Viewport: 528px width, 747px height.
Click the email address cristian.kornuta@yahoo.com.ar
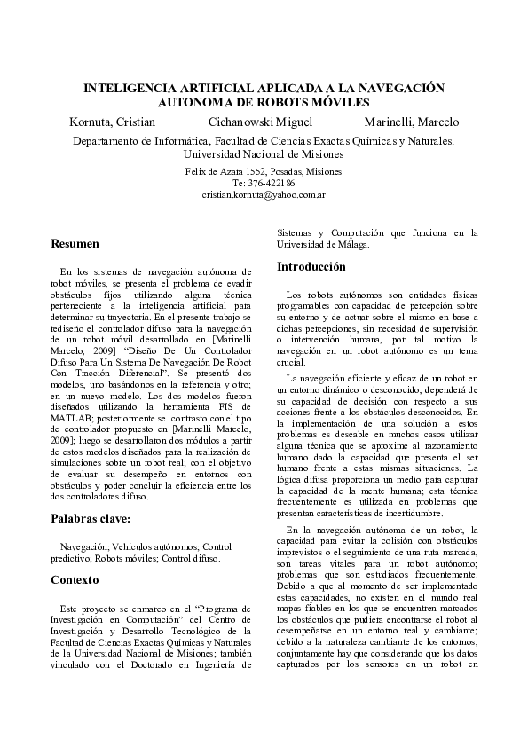click(x=264, y=193)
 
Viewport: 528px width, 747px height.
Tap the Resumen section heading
click(x=75, y=243)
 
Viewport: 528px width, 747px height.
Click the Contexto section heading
click(x=75, y=579)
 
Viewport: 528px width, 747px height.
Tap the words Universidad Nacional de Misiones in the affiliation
click(x=264, y=153)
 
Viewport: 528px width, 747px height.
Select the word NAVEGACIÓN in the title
click(x=397, y=90)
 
